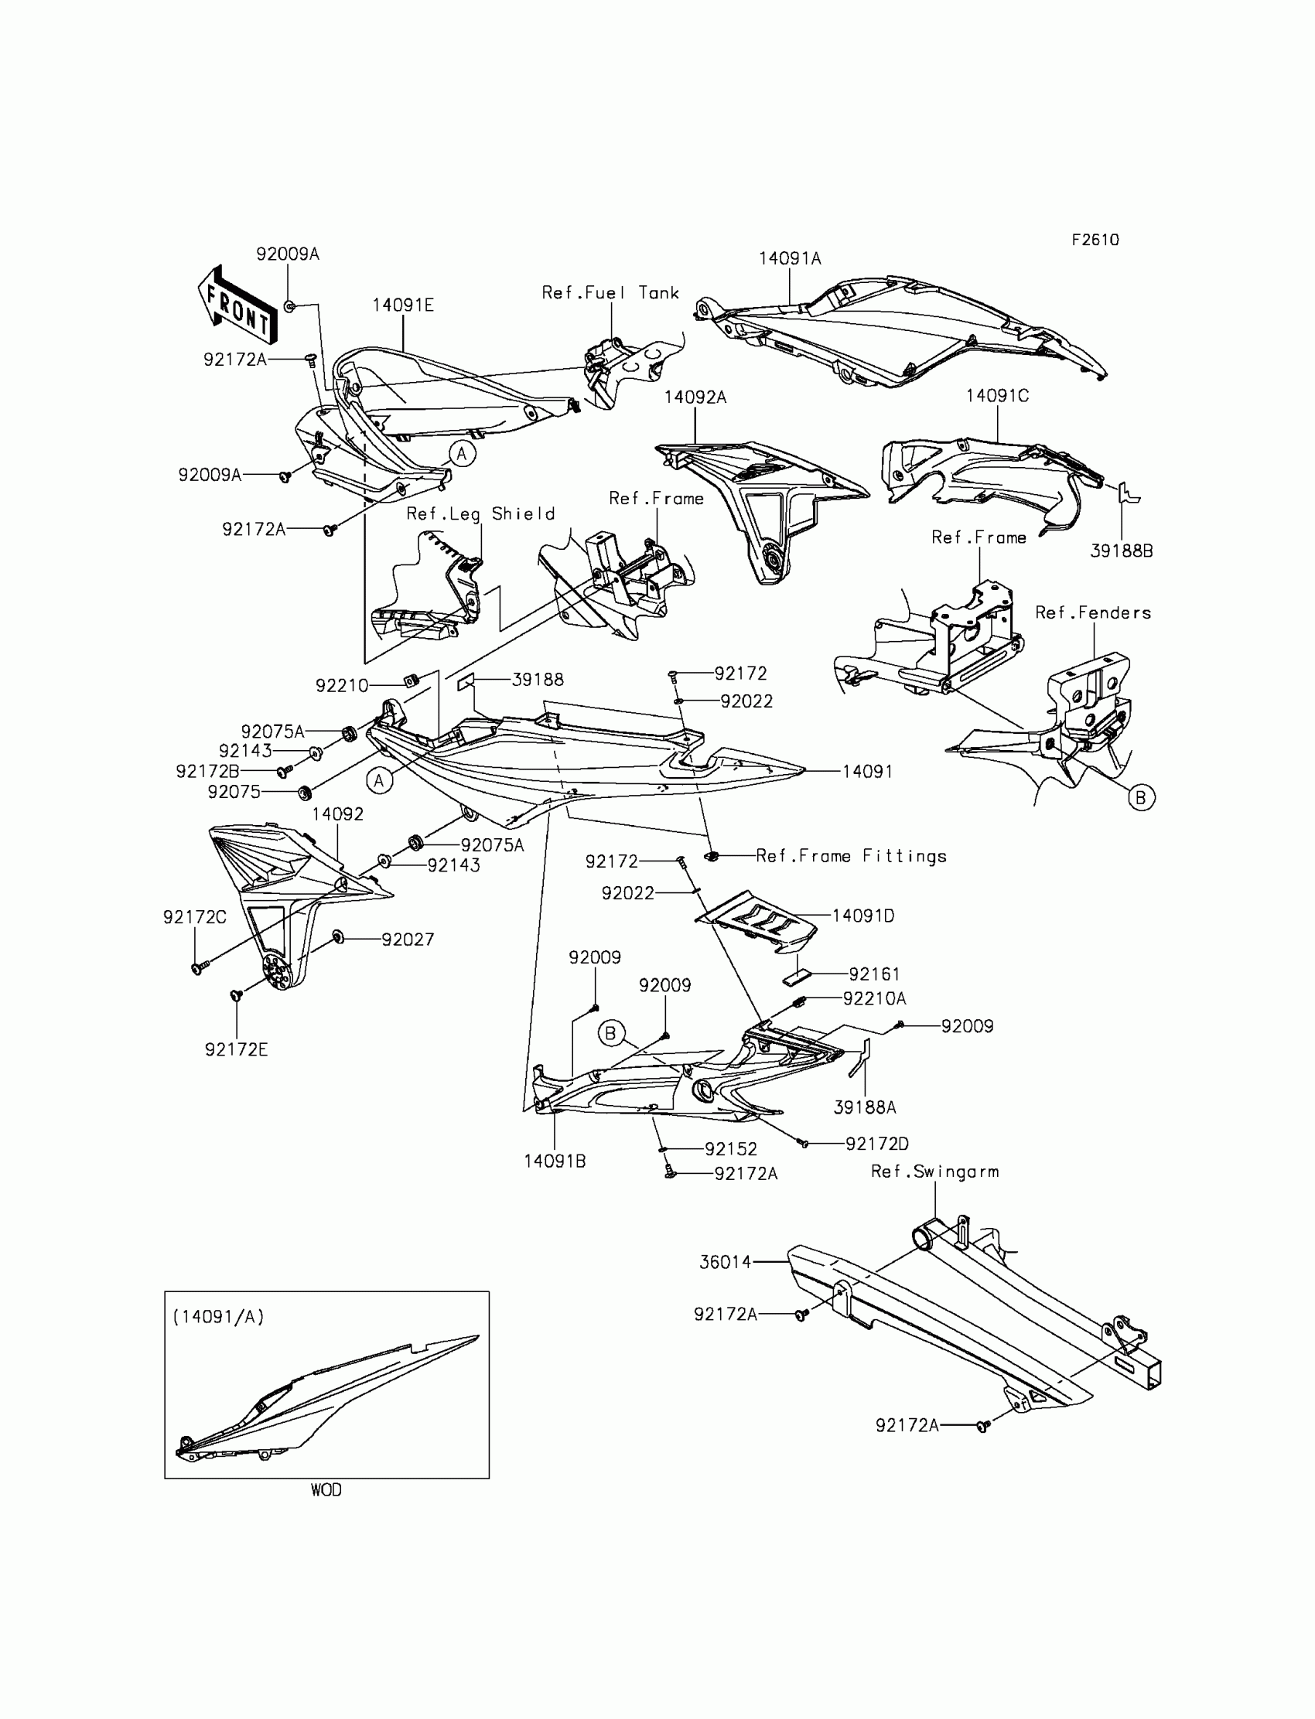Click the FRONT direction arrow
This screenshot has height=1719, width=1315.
(235, 305)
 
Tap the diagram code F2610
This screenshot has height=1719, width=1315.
(1095, 240)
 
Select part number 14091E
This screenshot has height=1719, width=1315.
(402, 305)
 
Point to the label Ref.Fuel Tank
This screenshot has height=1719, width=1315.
(610, 292)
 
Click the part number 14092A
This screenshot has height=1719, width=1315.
(695, 397)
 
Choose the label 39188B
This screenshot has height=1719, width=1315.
(1121, 551)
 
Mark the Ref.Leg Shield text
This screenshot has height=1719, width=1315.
(480, 514)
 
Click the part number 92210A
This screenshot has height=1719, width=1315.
(874, 998)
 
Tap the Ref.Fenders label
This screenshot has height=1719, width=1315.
(1093, 612)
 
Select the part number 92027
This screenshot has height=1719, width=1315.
(408, 939)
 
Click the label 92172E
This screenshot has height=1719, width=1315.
(237, 1049)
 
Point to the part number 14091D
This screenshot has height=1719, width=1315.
(862, 916)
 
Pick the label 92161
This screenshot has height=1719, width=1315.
(874, 974)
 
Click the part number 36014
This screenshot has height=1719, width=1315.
(725, 1262)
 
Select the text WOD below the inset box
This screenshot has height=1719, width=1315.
(326, 1490)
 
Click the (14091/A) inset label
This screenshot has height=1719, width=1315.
(218, 1317)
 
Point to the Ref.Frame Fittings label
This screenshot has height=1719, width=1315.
(851, 856)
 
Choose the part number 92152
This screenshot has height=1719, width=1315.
(731, 1148)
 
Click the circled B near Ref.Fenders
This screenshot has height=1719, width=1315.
(1140, 797)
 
